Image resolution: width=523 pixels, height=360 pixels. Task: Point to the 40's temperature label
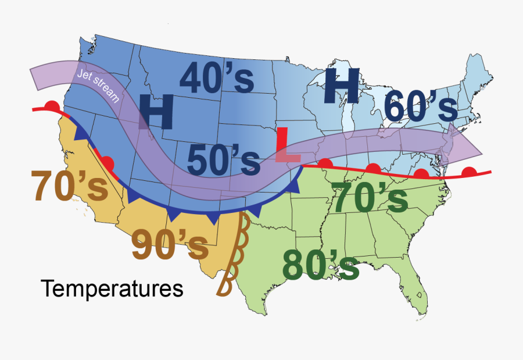point(216,78)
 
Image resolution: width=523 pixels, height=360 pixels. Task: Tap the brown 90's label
point(169,245)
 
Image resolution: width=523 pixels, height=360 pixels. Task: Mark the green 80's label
point(320,265)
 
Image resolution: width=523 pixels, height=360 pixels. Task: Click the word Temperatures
point(112,288)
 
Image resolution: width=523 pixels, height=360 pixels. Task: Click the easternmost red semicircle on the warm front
point(470,171)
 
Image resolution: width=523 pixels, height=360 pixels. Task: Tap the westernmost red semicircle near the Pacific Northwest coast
point(53,105)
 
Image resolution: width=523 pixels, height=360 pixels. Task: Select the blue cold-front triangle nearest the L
point(293,186)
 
